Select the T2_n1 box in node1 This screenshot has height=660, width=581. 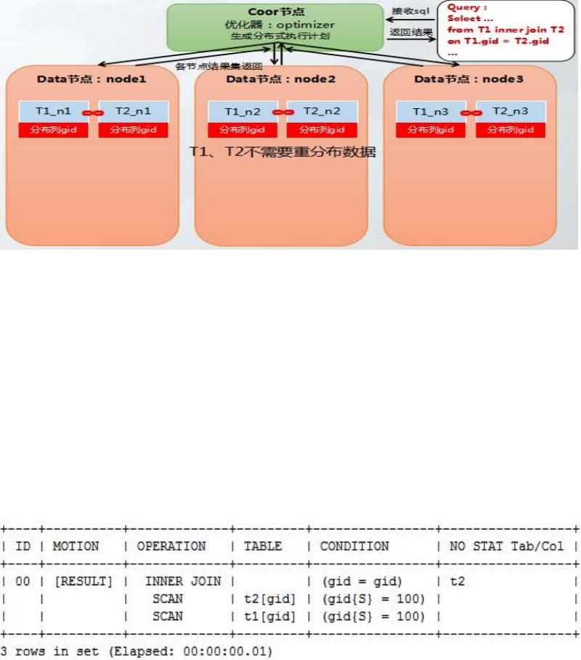[x=133, y=111]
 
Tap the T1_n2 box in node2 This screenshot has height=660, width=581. [x=243, y=111]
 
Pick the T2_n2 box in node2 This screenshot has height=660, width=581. [x=322, y=111]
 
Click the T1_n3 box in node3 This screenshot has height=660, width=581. [x=431, y=111]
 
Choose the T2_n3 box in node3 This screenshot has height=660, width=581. [x=511, y=111]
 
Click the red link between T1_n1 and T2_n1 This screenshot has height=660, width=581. [x=93, y=113]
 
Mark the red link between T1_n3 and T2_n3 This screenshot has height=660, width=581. [x=471, y=113]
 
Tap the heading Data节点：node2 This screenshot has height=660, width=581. [x=280, y=78]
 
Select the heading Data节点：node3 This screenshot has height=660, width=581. [x=468, y=78]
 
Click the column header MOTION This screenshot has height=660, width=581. [x=76, y=546]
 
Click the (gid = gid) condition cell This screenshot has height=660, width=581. [x=354, y=582]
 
